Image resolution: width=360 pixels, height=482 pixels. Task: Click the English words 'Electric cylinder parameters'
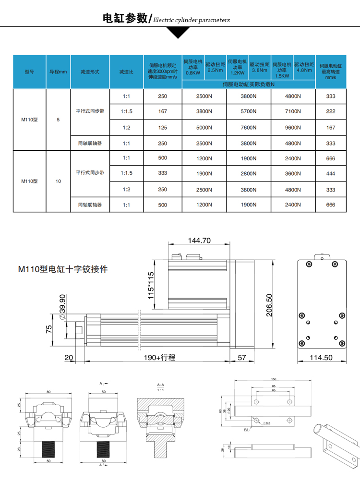(x=191, y=20)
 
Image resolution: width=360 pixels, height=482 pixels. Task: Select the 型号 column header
(x=29, y=72)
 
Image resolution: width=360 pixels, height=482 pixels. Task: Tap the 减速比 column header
(x=126, y=72)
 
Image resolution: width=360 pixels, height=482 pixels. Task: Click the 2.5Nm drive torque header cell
(x=215, y=67)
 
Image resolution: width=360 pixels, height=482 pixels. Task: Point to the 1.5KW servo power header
(x=282, y=70)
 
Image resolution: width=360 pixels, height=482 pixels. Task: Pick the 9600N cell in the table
(x=293, y=128)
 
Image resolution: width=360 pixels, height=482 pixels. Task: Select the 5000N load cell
(x=204, y=128)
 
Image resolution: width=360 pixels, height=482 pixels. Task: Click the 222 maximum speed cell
(x=331, y=111)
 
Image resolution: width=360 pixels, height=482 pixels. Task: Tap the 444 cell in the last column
(x=331, y=173)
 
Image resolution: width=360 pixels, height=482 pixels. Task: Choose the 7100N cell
(x=293, y=111)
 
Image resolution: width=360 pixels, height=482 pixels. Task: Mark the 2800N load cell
(x=248, y=173)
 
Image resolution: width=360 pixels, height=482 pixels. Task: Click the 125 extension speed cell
(x=162, y=128)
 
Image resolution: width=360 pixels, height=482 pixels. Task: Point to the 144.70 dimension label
(x=199, y=241)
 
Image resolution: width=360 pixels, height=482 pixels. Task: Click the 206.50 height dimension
(x=269, y=305)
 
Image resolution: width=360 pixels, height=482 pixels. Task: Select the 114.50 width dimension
(x=321, y=358)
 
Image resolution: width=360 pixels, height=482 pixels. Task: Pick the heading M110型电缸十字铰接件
(x=63, y=269)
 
